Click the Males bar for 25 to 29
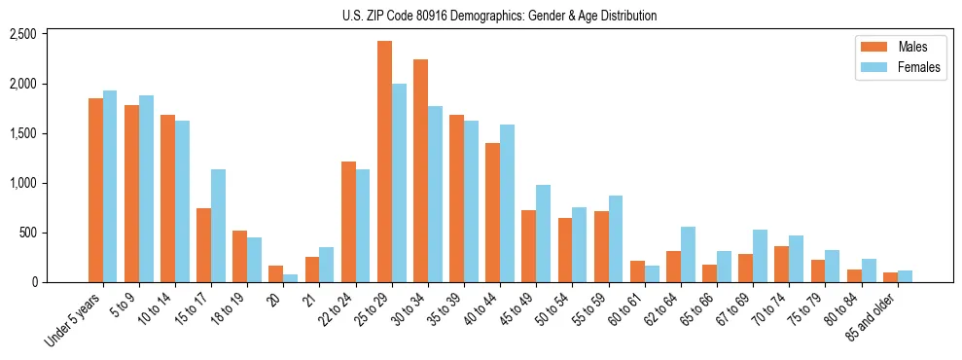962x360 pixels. click(385, 162)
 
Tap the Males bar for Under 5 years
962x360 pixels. click(95, 190)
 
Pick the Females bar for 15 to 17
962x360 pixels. click(219, 226)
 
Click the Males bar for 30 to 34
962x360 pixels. click(421, 170)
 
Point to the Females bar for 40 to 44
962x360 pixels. click(508, 203)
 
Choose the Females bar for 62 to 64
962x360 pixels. click(689, 254)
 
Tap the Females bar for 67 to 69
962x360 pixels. click(761, 256)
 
